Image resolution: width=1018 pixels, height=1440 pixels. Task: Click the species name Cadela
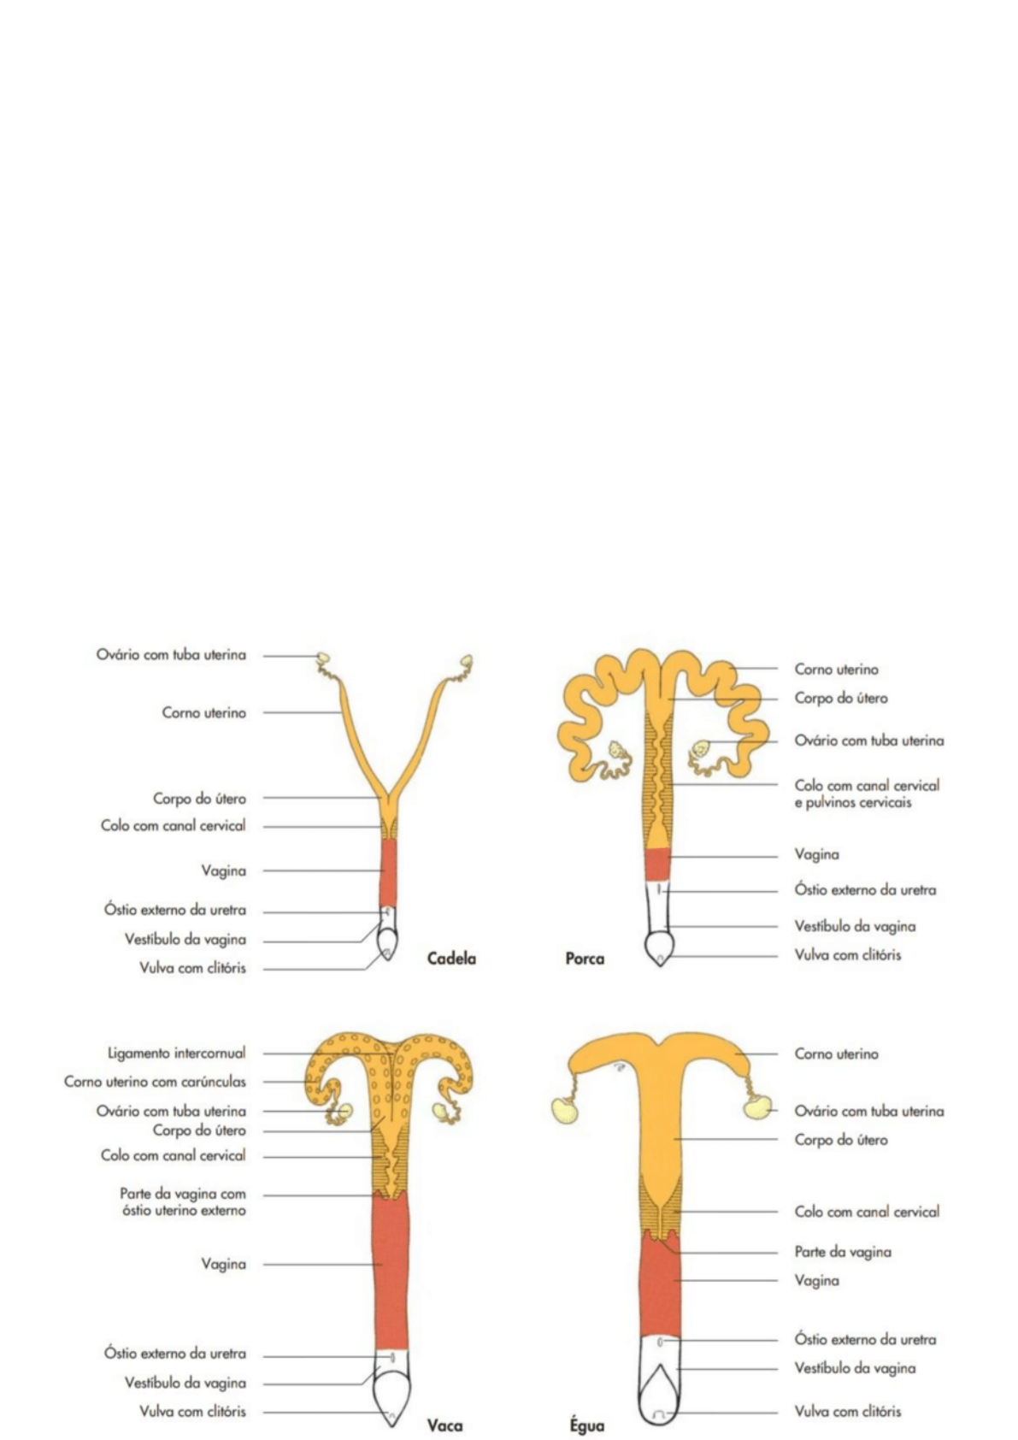click(x=451, y=959)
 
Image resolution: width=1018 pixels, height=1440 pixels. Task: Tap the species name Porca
click(x=585, y=959)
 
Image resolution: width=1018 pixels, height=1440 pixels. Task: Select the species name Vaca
click(x=444, y=1425)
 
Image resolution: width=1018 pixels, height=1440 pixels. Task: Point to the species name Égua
click(x=587, y=1425)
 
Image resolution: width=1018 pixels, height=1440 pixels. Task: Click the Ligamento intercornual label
click(x=176, y=1053)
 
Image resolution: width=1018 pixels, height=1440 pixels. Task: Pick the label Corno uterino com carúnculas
click(x=155, y=1082)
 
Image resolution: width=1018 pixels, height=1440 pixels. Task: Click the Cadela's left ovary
click(x=324, y=658)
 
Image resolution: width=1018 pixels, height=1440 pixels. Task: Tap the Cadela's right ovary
click(x=466, y=661)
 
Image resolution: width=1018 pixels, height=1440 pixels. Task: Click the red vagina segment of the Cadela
click(x=388, y=870)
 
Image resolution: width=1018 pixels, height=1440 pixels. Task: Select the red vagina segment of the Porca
click(x=657, y=864)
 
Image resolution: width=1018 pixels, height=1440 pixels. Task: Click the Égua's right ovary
click(x=756, y=1107)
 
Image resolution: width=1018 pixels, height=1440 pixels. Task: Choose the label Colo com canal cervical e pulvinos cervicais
click(x=867, y=794)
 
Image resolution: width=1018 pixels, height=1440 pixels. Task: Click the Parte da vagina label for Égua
click(x=843, y=1252)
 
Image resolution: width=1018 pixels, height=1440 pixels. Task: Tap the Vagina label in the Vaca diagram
click(x=223, y=1264)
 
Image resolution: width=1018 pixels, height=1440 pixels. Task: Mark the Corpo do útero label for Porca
click(x=841, y=698)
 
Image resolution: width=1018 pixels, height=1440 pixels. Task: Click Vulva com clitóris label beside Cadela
click(x=192, y=968)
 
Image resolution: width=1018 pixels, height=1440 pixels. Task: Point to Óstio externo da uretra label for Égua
click(x=865, y=1339)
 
